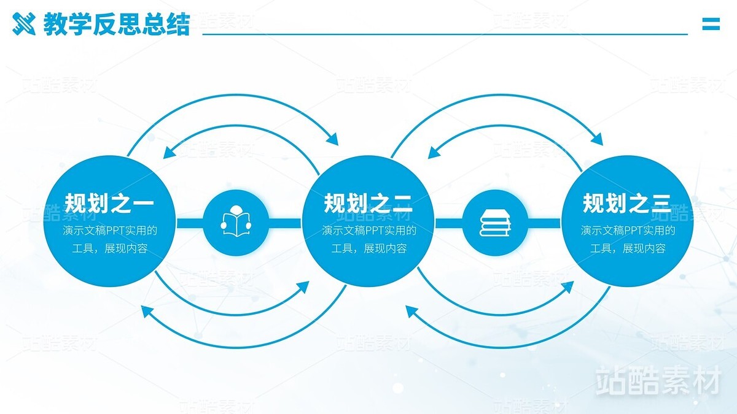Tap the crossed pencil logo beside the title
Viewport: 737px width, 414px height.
[25, 25]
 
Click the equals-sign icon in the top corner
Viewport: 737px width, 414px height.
[711, 24]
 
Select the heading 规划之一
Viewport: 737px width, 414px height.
[109, 203]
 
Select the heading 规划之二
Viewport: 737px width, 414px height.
[368, 203]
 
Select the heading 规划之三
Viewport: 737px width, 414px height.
[627, 203]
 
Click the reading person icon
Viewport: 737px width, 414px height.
[235, 223]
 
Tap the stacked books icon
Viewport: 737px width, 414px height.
[495, 223]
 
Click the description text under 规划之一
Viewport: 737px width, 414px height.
[109, 240]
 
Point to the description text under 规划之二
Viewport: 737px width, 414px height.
[368, 240]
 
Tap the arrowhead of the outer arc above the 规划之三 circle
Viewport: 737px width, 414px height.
[597, 139]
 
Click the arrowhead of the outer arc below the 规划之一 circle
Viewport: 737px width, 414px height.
[146, 311]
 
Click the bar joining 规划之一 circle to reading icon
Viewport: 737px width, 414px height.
[190, 223]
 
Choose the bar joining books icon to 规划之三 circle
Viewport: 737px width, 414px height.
[544, 223]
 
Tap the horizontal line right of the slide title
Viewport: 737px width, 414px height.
[445, 34]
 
